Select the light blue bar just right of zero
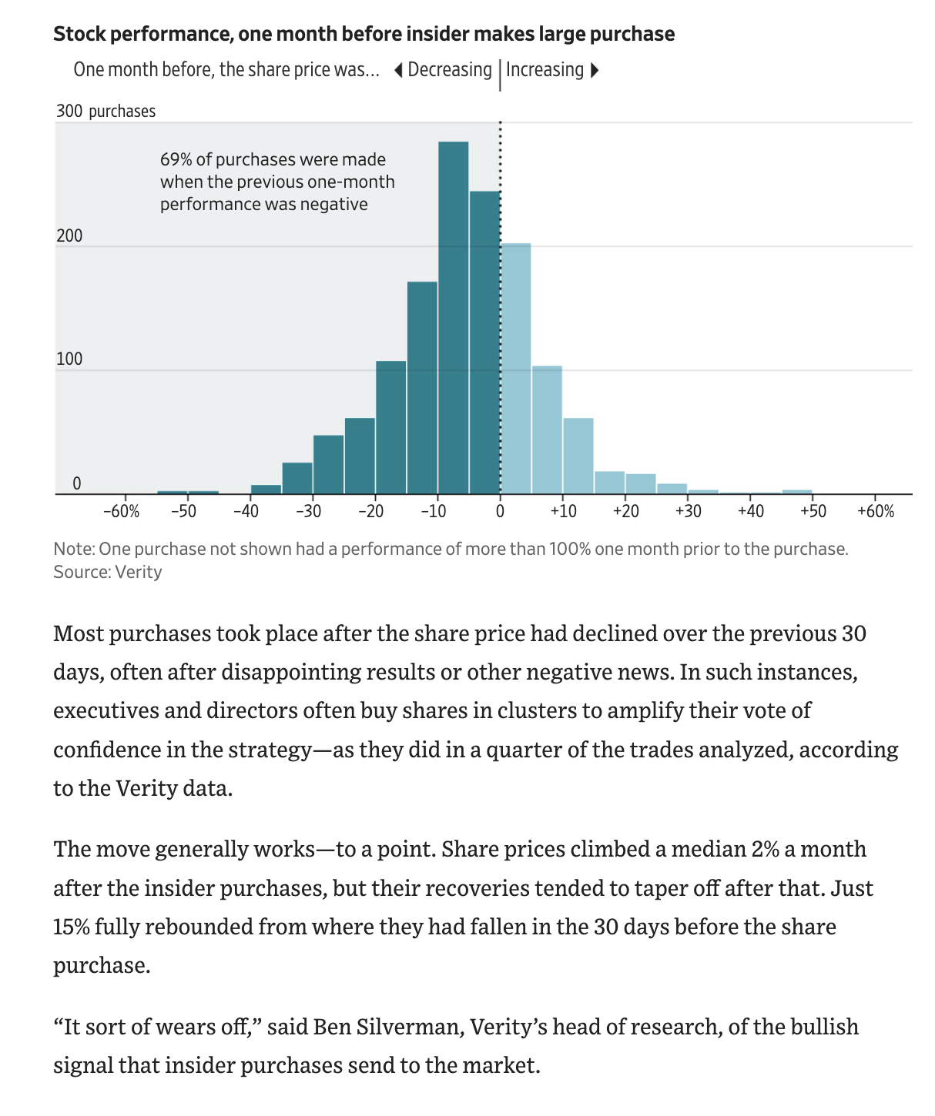click(516, 369)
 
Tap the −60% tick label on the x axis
click(122, 511)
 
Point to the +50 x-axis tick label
click(813, 511)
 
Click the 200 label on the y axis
click(69, 236)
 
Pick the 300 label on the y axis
click(69, 111)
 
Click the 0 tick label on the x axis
click(500, 511)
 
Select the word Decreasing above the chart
click(450, 70)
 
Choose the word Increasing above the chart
click(545, 70)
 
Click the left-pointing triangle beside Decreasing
click(398, 71)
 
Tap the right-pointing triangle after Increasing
click(594, 71)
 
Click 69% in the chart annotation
click(176, 160)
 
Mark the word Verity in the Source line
click(139, 572)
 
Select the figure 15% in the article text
click(70, 926)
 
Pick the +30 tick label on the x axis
click(688, 511)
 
